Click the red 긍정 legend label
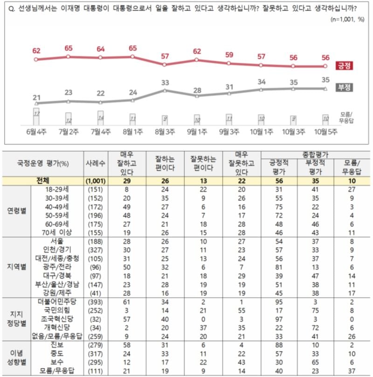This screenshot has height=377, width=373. point(344,66)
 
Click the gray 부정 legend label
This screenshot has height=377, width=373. point(344,88)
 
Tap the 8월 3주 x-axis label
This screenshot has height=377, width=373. point(165,132)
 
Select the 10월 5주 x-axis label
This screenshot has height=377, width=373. point(326,132)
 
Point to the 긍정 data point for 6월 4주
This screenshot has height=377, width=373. point(36,59)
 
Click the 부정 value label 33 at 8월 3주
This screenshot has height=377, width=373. point(165,82)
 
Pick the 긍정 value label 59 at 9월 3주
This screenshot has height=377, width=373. point(229,55)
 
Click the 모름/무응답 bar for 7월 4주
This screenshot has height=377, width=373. point(100,118)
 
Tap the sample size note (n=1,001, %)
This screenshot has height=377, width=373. point(347,20)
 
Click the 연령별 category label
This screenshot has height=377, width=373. point(16,210)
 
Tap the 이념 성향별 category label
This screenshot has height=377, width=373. point(16,356)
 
